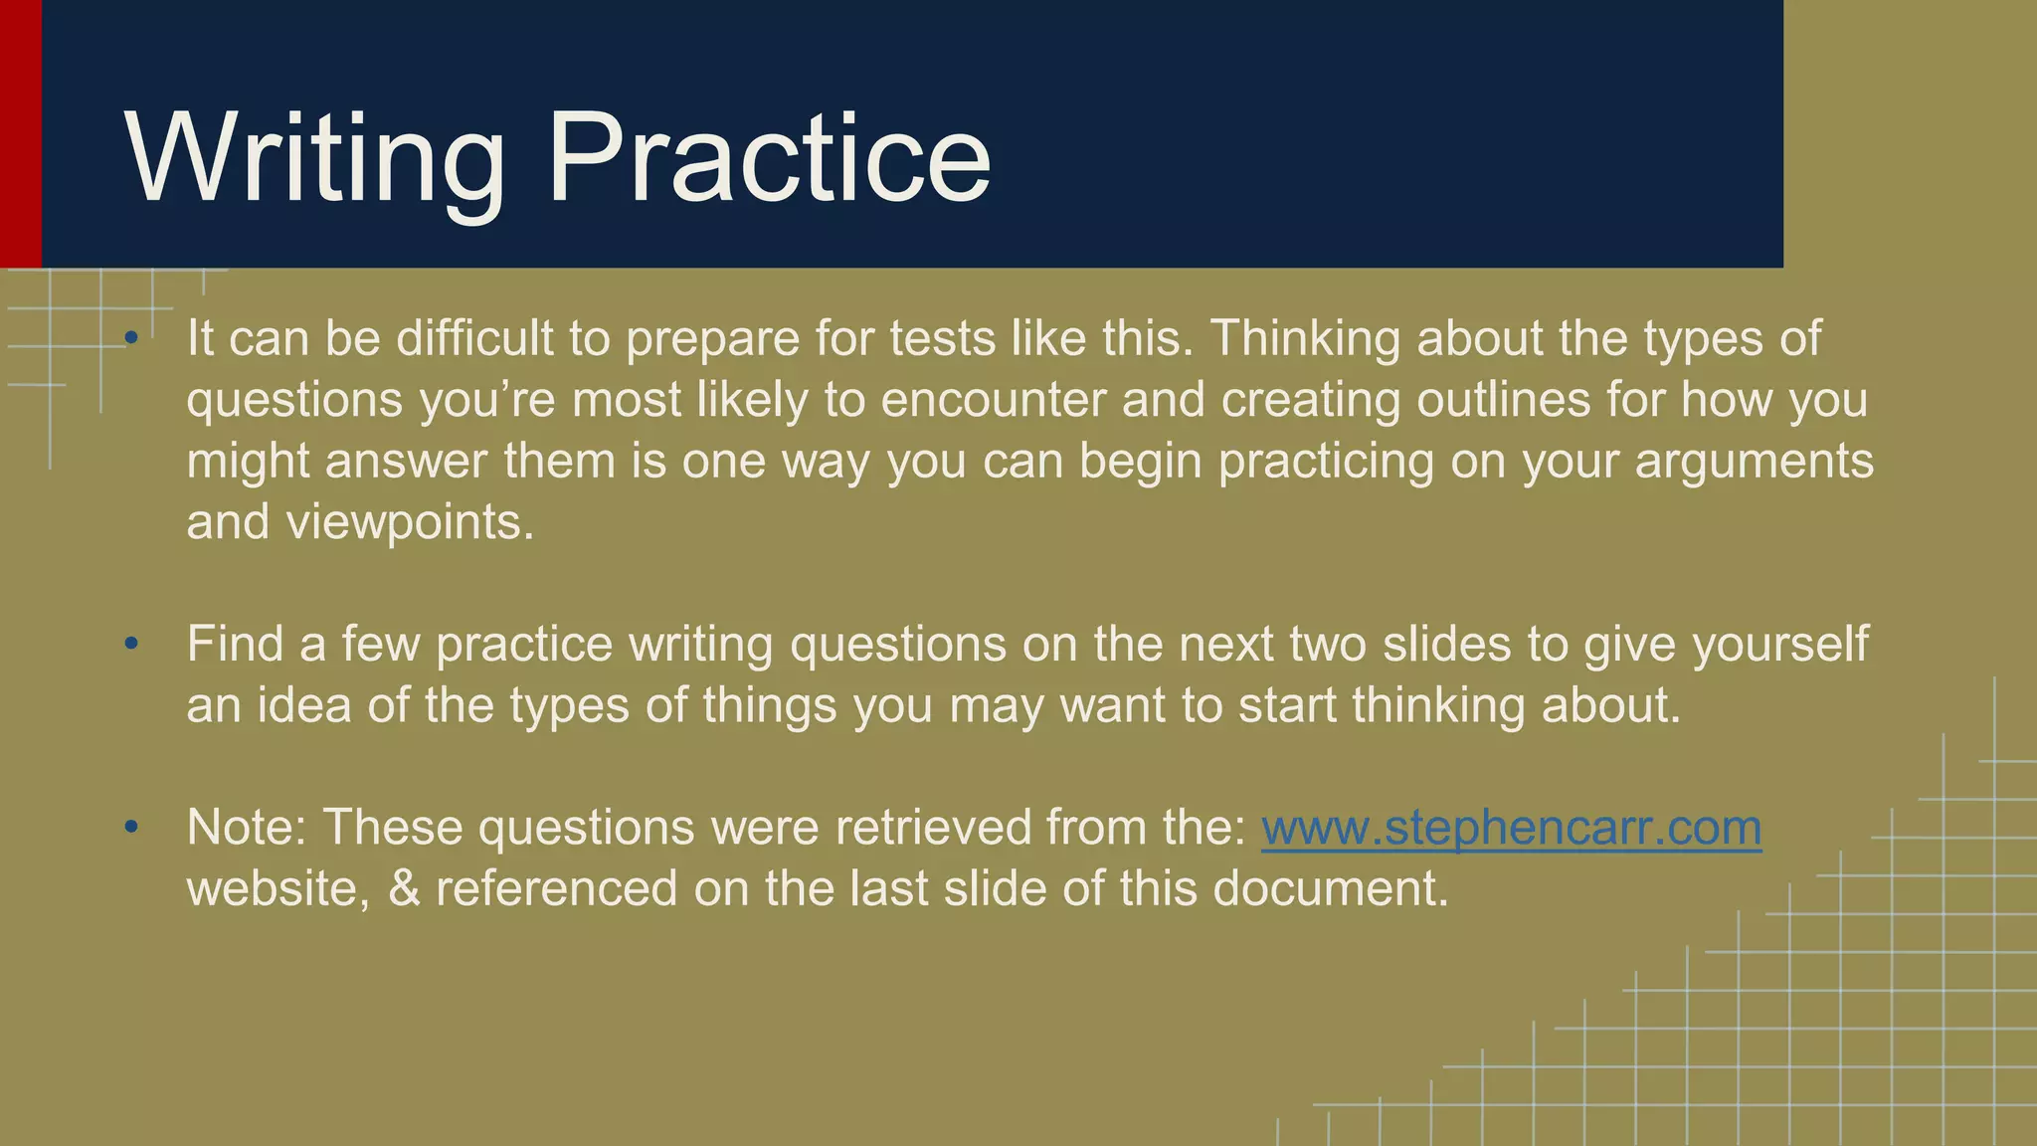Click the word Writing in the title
point(314,159)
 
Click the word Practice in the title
point(768,159)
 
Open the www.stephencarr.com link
point(1511,828)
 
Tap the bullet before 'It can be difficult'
point(131,339)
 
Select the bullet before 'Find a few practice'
point(131,645)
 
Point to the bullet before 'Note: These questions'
point(131,828)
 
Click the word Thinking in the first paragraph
point(1304,339)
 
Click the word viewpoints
point(410,522)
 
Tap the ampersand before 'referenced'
point(404,888)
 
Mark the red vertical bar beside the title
point(20,133)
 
